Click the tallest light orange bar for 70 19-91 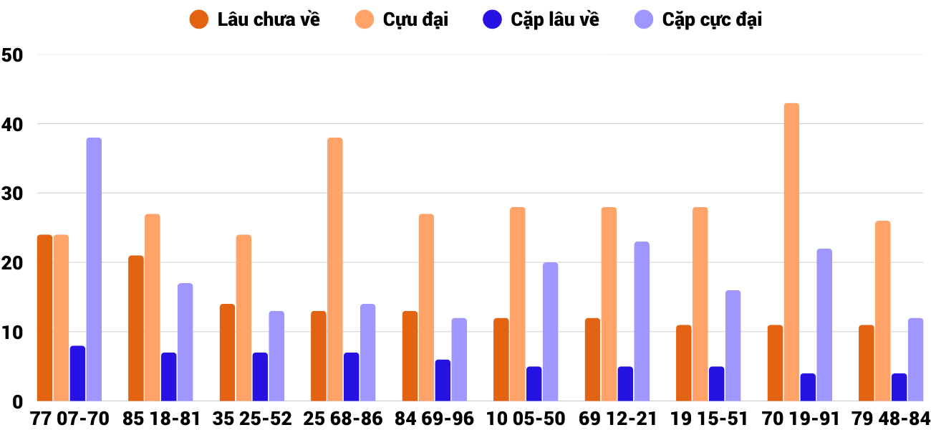791,252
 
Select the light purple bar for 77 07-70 94,269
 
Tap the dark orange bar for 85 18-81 136,328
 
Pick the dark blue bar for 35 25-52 260,376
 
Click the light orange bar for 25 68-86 335,269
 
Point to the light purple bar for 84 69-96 459,359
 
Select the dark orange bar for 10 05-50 501,359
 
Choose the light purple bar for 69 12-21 642,321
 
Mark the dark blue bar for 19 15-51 716,383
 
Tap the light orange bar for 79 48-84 882,310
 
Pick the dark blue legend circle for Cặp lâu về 492,19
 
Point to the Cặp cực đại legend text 712,19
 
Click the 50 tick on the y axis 13,55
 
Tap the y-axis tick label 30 13,193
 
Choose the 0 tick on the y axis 19,402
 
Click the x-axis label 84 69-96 434,419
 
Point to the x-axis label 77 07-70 69,419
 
